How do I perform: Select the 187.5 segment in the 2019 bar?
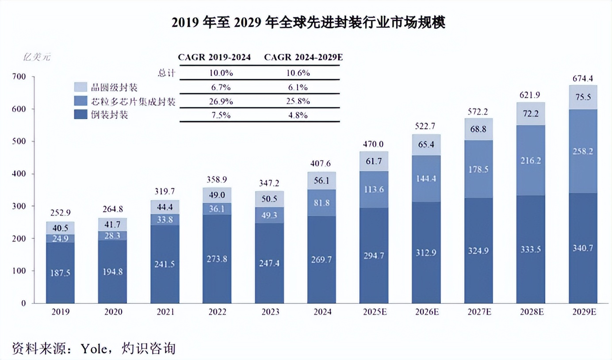click(61, 273)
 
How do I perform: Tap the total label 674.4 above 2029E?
click(582, 79)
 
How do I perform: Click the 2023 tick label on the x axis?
click(270, 312)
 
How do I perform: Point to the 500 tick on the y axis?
click(21, 142)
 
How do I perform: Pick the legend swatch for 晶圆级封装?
click(80, 86)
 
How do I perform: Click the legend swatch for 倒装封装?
click(80, 115)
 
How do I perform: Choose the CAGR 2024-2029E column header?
click(303, 57)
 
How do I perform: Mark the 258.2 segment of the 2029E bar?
click(582, 151)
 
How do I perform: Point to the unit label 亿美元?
click(37, 57)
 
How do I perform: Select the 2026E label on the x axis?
click(427, 312)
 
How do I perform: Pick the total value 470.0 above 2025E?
click(374, 144)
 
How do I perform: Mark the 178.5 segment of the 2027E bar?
click(479, 169)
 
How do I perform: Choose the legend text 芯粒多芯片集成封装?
click(133, 102)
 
